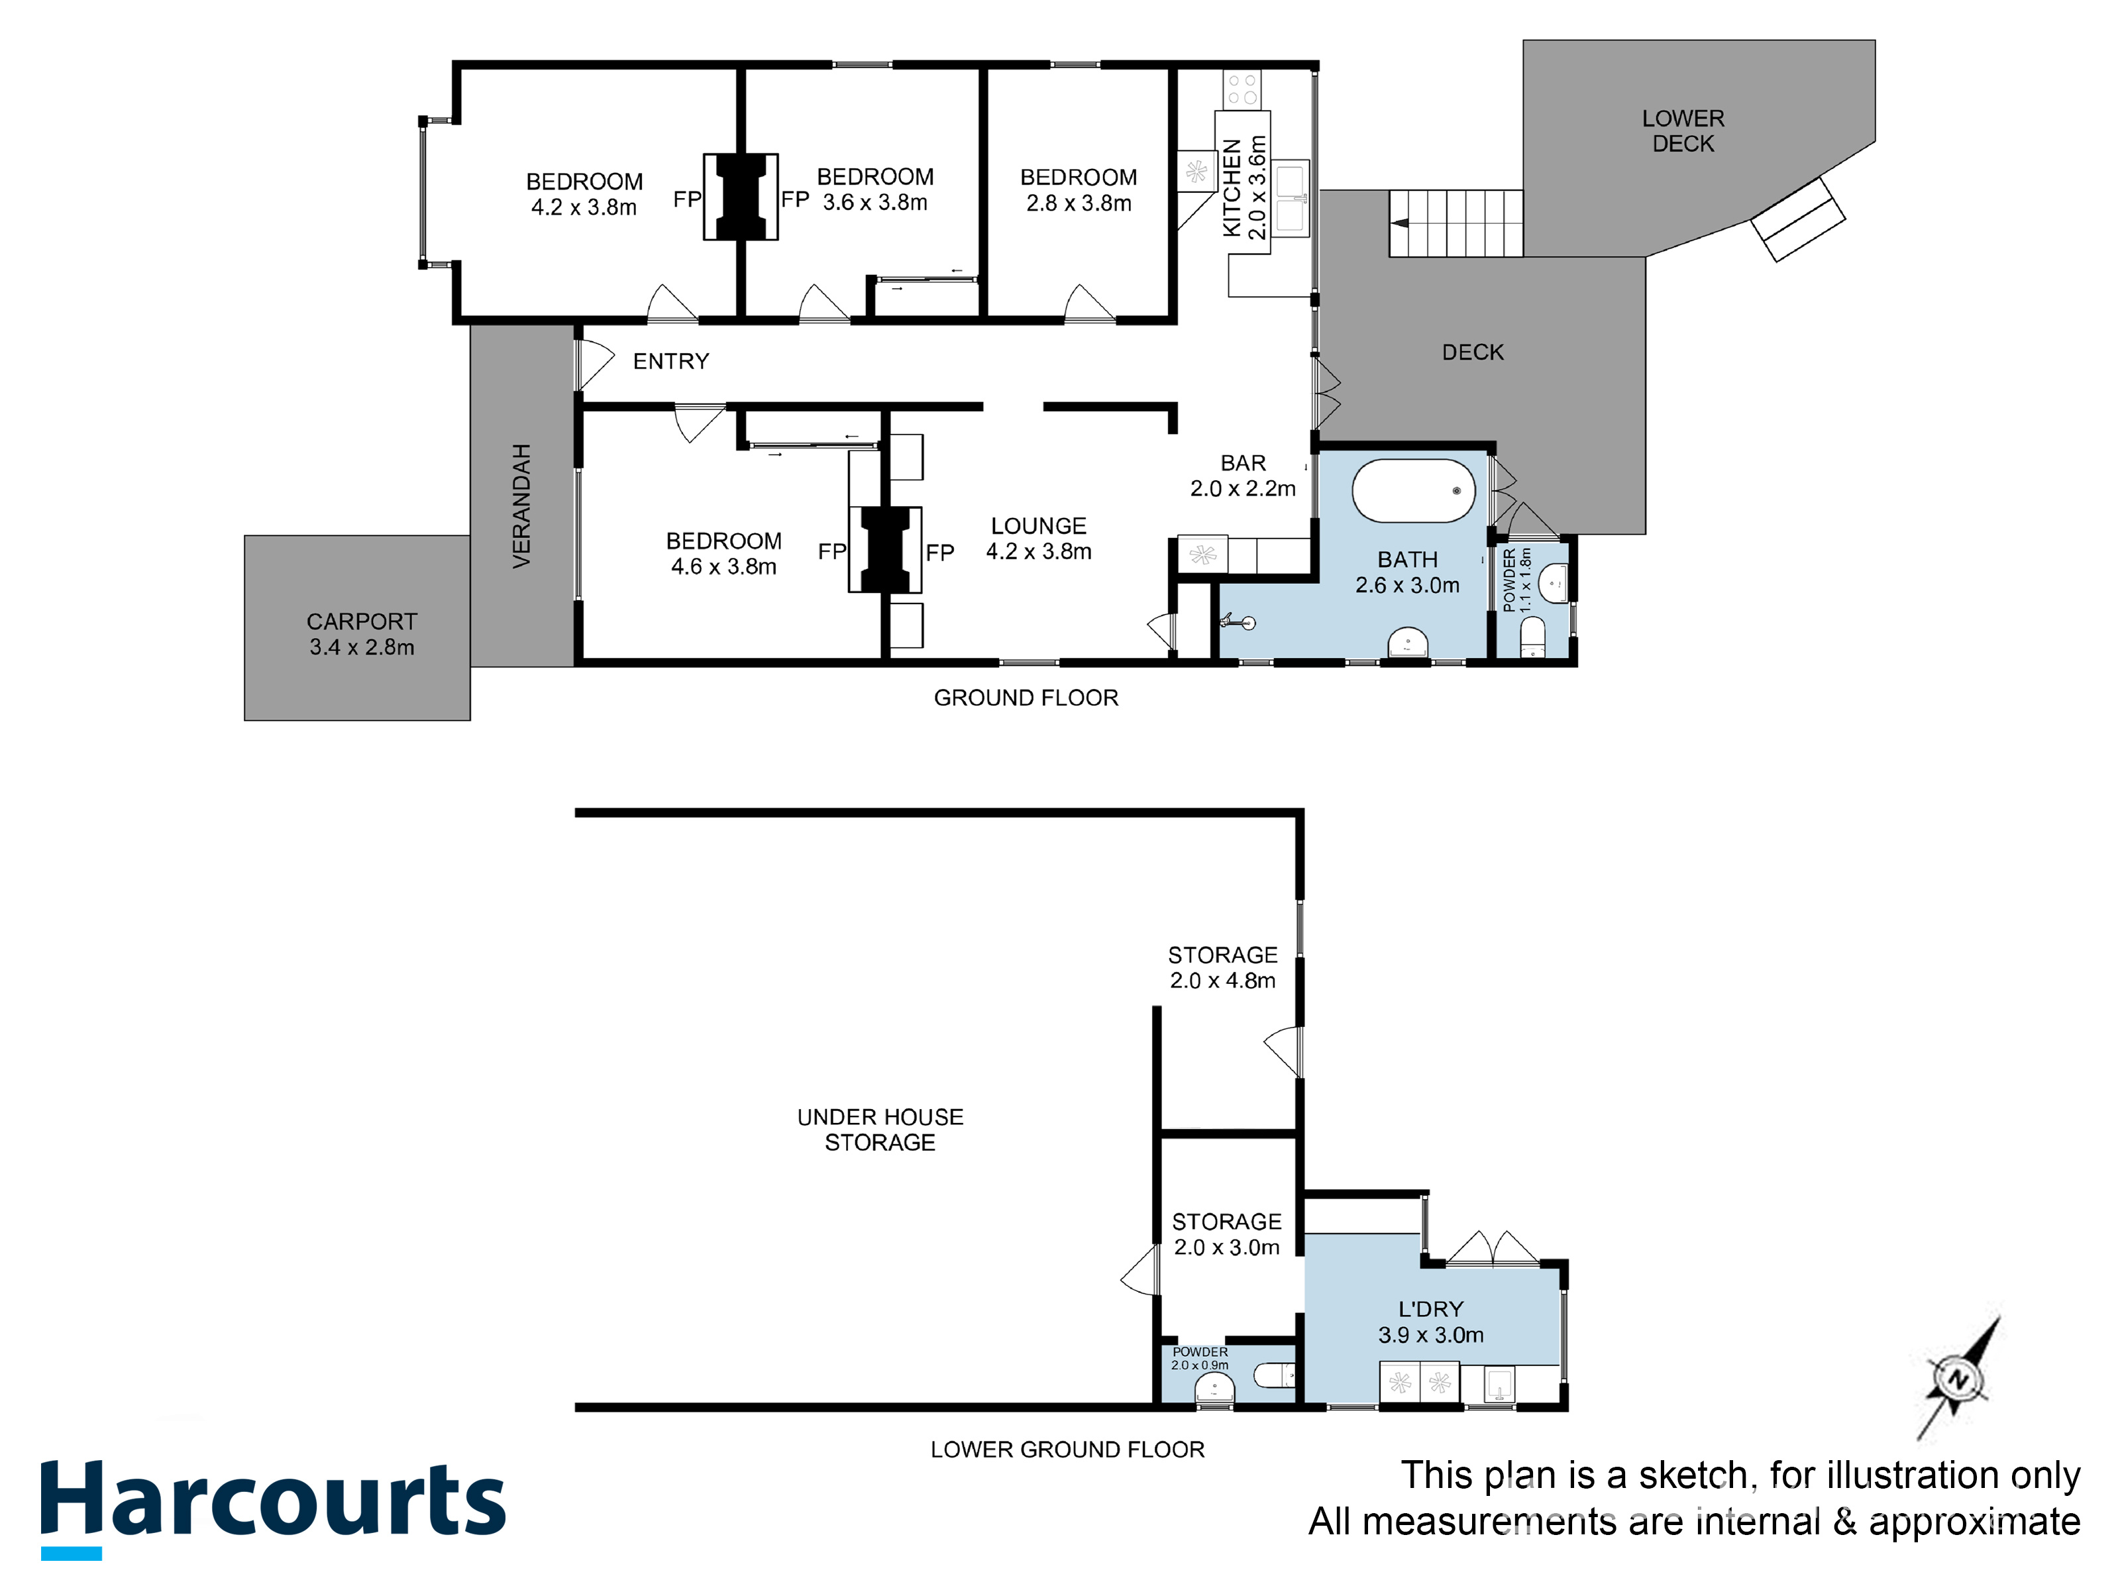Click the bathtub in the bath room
tap(1414, 491)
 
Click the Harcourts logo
tap(273, 1509)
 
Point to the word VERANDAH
tap(521, 506)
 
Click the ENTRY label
tap(671, 361)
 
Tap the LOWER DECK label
tap(1683, 131)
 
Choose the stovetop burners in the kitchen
tap(1243, 89)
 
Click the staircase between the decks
tap(1456, 223)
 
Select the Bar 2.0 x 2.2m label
tap(1243, 476)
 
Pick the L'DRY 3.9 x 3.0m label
tap(1431, 1322)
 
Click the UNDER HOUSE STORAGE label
tap(880, 1130)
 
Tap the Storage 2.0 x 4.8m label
tap(1223, 968)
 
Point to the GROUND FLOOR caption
tap(1026, 698)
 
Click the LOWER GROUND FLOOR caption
tap(1068, 1449)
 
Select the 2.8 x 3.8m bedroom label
tap(1079, 189)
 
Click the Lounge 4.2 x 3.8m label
tap(1039, 539)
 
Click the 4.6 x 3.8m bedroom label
tap(723, 554)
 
